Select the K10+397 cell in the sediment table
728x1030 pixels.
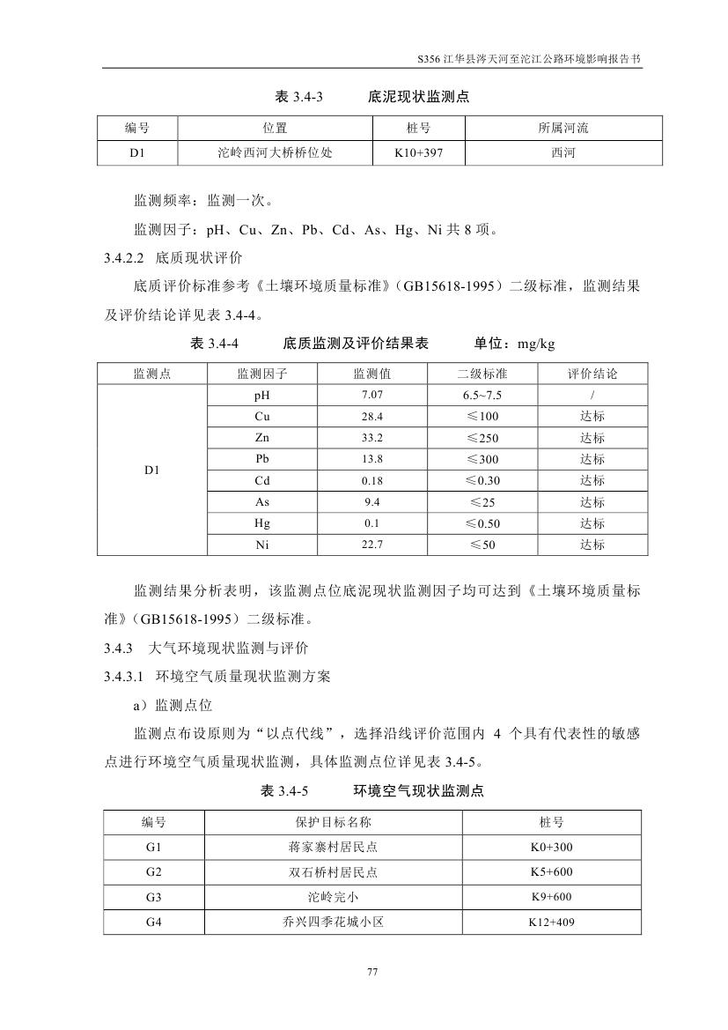click(419, 152)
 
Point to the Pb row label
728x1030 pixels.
click(262, 459)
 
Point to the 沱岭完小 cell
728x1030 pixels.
click(327, 897)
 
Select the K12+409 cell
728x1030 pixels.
click(551, 923)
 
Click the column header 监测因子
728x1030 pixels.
click(262, 374)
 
